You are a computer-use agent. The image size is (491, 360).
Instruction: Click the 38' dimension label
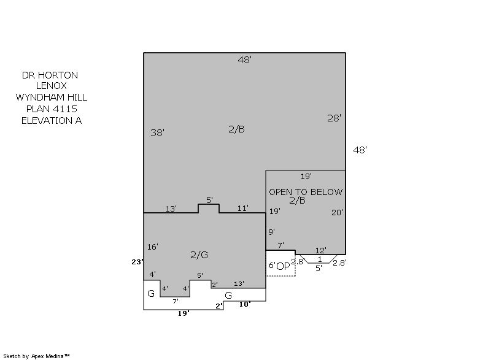click(157, 132)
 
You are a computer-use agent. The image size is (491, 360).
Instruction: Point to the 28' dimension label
click(334, 118)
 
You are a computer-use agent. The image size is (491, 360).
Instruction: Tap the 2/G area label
click(199, 255)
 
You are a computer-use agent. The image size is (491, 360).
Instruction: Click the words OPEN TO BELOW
click(306, 192)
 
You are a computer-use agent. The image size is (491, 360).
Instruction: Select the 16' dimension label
click(152, 247)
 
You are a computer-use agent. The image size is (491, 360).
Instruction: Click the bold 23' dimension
click(137, 262)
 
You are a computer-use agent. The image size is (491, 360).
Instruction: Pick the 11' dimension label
click(242, 208)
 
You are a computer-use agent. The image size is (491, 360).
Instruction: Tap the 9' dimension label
click(271, 232)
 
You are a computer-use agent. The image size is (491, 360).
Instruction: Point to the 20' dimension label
click(337, 212)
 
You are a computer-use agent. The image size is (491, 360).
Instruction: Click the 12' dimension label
click(320, 250)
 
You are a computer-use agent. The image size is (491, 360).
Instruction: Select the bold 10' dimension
click(245, 304)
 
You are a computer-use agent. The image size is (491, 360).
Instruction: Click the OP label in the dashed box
click(284, 266)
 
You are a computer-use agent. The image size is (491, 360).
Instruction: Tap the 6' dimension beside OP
click(272, 265)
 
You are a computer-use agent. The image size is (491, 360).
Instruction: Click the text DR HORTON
click(50, 75)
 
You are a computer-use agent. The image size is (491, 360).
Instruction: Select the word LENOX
click(52, 85)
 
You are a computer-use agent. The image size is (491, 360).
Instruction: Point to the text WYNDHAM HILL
click(52, 98)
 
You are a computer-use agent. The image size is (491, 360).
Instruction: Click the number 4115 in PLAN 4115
click(65, 109)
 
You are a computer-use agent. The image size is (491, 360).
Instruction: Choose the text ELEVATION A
click(52, 120)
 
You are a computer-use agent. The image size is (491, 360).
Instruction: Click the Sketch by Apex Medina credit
click(36, 356)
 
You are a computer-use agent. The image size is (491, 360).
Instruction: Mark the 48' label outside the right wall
click(360, 150)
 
